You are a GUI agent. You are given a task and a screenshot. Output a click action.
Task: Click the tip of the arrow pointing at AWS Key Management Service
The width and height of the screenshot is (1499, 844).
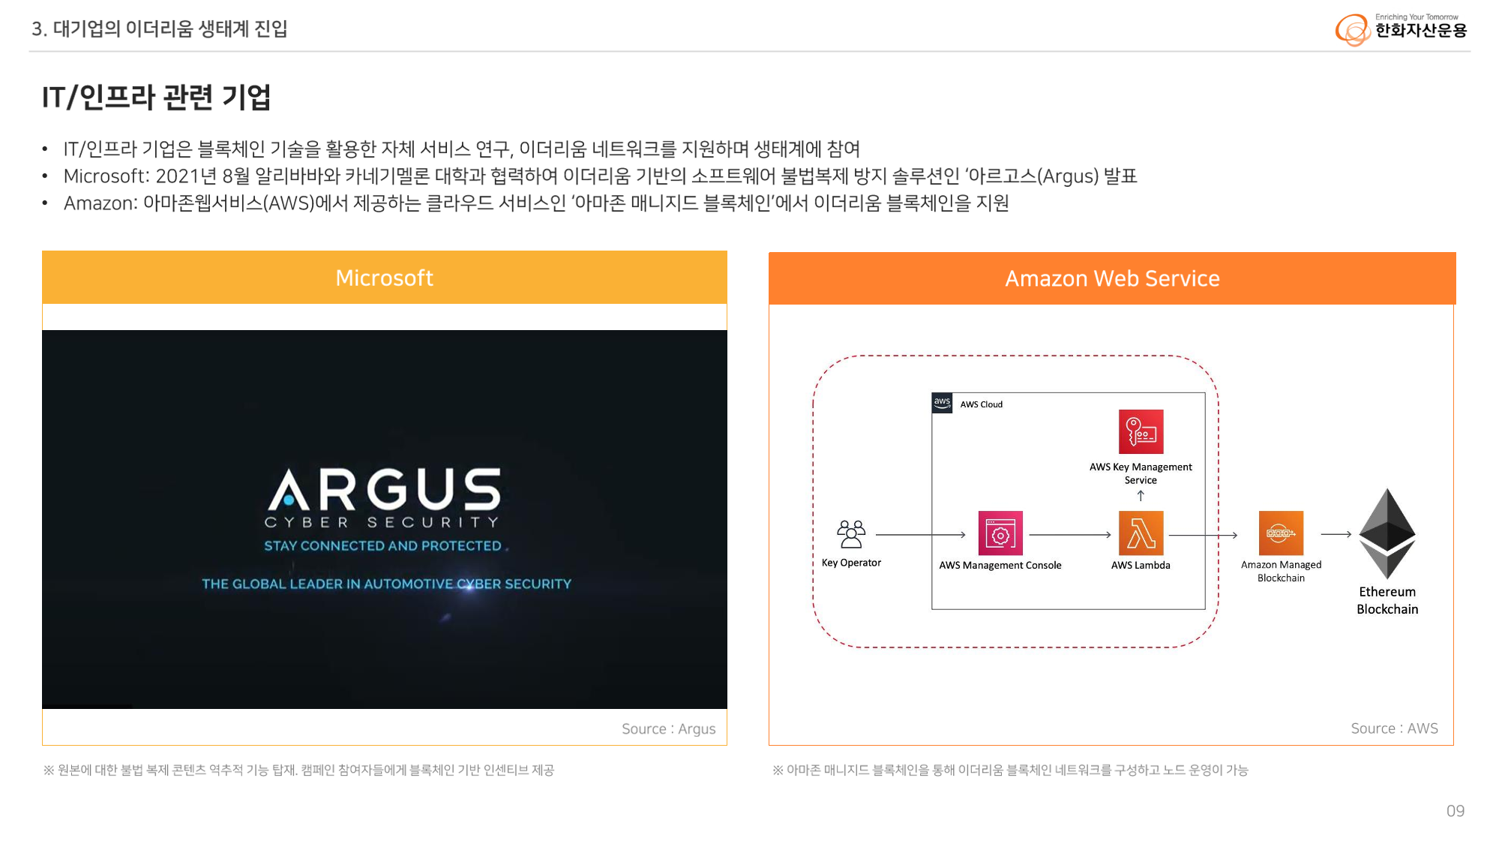tap(1141, 491)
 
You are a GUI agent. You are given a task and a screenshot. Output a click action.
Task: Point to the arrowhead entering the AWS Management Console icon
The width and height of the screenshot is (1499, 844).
tap(965, 535)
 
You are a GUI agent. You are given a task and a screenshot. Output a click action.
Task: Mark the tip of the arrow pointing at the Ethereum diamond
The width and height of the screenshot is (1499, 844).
tap(1351, 534)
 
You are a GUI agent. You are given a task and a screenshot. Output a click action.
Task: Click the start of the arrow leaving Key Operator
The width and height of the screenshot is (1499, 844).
tap(876, 535)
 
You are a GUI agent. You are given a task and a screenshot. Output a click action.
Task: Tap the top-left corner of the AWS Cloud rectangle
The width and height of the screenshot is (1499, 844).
tap(932, 393)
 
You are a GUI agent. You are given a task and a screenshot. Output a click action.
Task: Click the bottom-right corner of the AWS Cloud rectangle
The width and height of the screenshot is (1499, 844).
tap(1205, 609)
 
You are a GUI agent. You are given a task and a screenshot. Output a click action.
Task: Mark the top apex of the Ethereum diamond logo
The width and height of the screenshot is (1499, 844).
tap(1388, 488)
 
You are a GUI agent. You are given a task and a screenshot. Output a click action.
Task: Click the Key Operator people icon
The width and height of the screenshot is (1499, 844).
tap(851, 534)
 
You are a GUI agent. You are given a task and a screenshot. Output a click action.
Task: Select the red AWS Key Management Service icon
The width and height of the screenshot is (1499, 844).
tap(1141, 431)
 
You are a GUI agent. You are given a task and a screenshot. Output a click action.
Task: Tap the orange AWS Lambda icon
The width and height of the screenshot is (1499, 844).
tap(1141, 533)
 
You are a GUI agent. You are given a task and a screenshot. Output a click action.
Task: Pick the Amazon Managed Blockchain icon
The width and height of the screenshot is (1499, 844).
tap(1281, 533)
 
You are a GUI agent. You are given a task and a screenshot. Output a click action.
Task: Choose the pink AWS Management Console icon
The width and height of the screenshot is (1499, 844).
tap(1000, 533)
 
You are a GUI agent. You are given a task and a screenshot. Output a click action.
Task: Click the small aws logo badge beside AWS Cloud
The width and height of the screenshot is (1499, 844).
tap(942, 403)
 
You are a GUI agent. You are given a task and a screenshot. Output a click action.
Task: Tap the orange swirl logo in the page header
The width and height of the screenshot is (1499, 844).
tap(1353, 30)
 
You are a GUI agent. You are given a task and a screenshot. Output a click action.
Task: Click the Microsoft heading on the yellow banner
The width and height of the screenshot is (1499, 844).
tap(385, 278)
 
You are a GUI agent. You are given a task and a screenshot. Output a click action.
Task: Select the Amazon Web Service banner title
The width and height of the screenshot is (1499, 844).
tap(1112, 279)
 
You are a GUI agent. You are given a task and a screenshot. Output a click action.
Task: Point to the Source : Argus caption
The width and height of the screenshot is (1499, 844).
tap(669, 729)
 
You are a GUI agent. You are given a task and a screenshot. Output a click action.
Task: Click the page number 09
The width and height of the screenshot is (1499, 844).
tap(1456, 811)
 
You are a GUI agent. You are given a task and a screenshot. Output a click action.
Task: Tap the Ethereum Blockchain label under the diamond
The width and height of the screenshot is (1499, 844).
tap(1387, 600)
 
